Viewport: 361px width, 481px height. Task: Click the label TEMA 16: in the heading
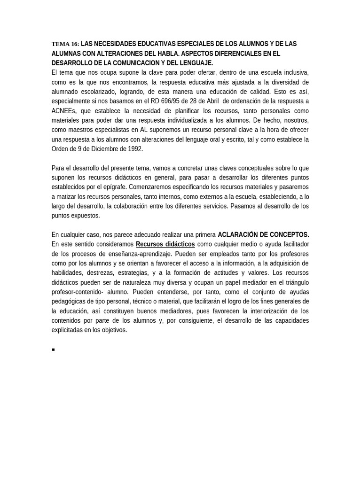tap(65, 44)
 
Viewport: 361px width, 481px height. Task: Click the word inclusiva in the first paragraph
tap(294, 72)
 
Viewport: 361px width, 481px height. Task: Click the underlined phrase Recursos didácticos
tap(165, 244)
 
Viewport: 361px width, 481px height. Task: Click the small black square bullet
tap(54, 349)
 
